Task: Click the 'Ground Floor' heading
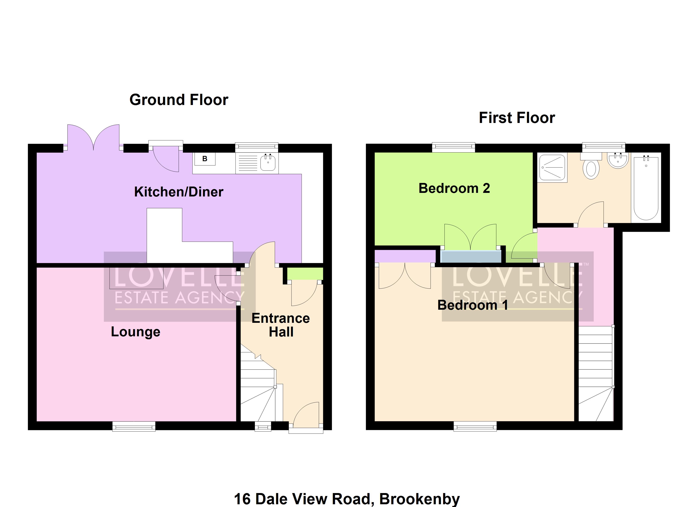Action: (179, 100)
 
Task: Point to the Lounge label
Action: (135, 332)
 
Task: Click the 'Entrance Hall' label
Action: (281, 325)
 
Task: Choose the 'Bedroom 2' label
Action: (454, 188)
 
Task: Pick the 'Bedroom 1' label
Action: (472, 305)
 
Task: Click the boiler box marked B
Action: (205, 159)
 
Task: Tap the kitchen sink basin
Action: (268, 163)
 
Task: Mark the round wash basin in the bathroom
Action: (618, 161)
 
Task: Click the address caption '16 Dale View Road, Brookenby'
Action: (347, 499)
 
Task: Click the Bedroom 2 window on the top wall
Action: (453, 147)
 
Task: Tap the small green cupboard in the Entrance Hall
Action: (305, 274)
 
